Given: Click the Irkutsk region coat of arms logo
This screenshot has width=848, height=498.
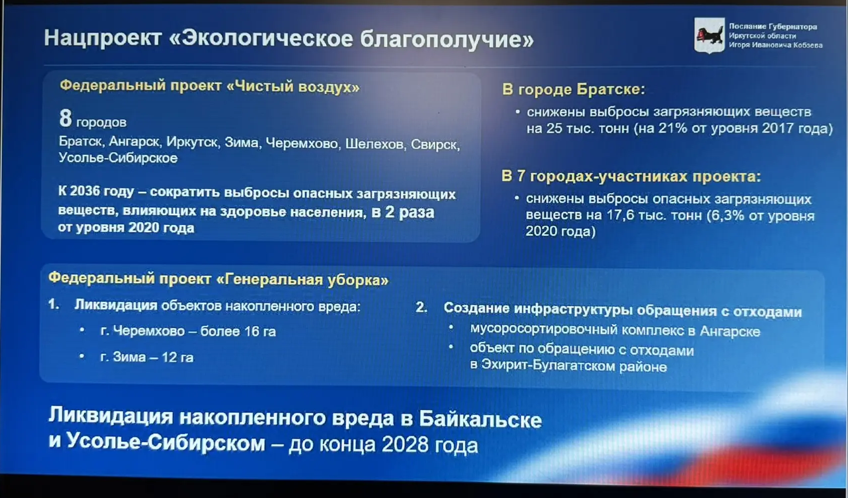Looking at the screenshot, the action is click(x=709, y=35).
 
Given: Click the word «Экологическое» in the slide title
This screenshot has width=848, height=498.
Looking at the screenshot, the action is click(x=267, y=38).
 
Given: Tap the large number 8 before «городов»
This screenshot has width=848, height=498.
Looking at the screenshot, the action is click(x=65, y=118).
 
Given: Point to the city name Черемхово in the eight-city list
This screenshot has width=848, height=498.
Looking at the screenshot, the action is click(x=302, y=143).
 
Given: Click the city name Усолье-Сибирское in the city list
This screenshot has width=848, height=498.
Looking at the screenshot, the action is click(x=118, y=157).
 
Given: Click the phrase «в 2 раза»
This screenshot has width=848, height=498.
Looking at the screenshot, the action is click(x=402, y=212).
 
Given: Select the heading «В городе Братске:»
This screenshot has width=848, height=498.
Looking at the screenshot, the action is click(x=573, y=89).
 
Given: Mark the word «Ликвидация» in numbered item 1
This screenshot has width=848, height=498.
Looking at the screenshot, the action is click(x=116, y=305).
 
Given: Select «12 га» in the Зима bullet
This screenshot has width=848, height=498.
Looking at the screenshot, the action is click(x=177, y=357).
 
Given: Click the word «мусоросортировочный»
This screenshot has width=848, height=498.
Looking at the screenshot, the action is click(x=543, y=329).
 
